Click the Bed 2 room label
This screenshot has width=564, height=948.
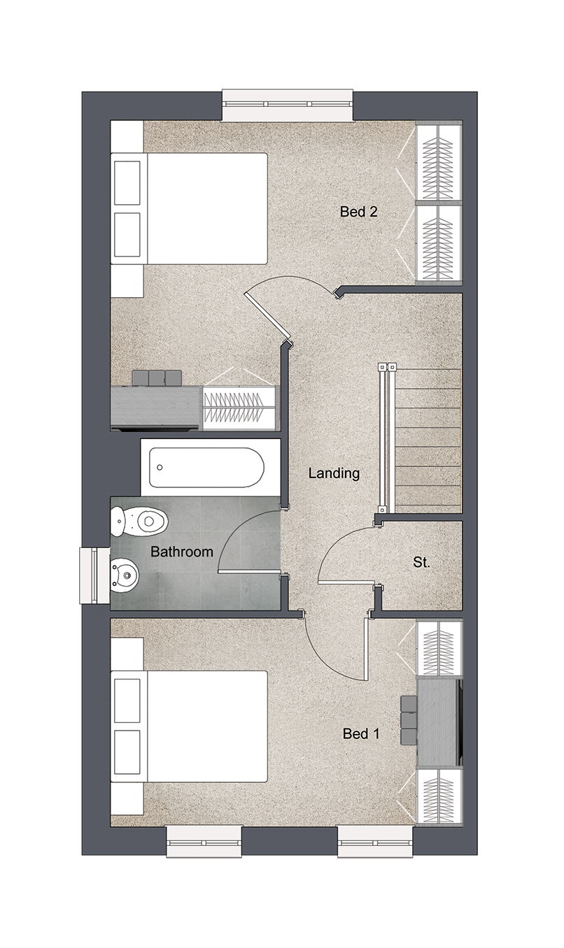click(358, 212)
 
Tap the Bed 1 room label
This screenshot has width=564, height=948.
click(361, 733)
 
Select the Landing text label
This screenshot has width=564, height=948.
click(334, 473)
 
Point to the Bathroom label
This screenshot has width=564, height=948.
click(182, 552)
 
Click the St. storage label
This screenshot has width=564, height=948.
click(421, 563)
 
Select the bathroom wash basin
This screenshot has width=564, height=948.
click(125, 576)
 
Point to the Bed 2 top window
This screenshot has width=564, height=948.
click(288, 105)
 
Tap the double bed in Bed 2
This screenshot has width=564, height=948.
click(189, 208)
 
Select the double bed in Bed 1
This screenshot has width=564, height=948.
click(189, 726)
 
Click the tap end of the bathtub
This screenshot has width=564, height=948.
click(160, 467)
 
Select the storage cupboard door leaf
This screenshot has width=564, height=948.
click(348, 583)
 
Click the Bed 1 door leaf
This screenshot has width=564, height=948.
click(366, 649)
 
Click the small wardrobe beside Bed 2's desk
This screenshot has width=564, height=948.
click(240, 408)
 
